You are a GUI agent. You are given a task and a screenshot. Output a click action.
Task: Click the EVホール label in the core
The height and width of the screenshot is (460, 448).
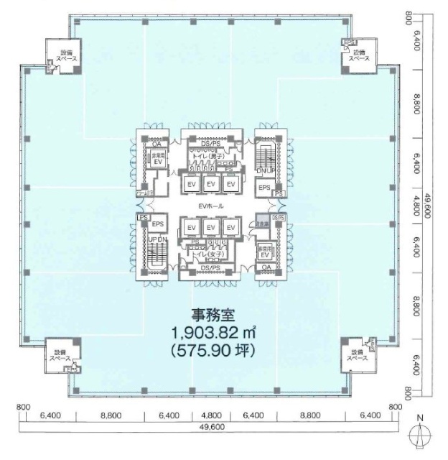210,206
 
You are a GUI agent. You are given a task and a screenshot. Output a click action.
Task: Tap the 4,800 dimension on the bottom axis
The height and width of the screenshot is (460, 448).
210,415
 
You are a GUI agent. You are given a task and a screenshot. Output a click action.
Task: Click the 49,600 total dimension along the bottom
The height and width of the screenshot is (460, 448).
210,426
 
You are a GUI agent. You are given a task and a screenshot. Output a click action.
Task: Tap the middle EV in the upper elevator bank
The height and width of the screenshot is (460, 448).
211,184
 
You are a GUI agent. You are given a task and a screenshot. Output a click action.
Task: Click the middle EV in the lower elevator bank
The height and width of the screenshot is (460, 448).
211,228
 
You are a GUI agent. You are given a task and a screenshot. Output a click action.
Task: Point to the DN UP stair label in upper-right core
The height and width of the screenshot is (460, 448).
263,170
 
